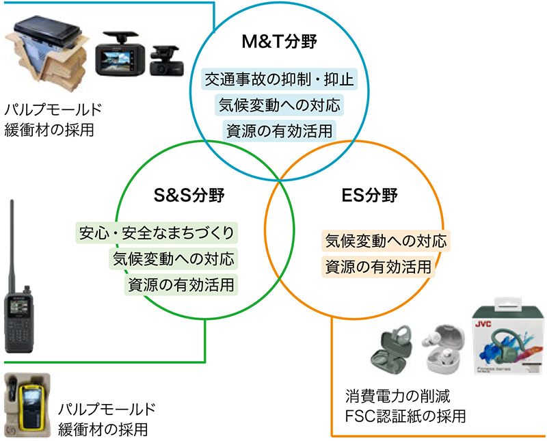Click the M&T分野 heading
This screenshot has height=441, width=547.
coord(280,42)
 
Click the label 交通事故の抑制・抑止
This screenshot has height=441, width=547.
coord(280,80)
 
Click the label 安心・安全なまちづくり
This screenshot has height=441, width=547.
coord(157,233)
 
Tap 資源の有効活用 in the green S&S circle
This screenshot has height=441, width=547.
coord(181,284)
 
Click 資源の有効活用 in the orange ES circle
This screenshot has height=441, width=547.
coord(378,267)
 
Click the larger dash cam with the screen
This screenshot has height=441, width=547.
coord(118,57)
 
